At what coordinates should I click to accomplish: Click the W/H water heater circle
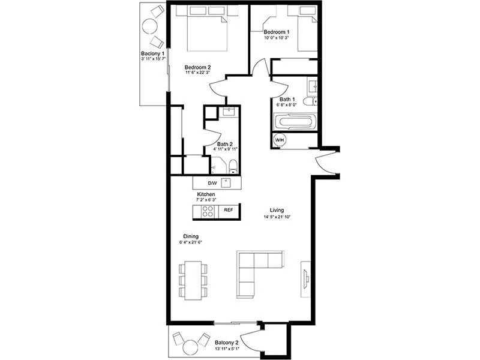[x=280, y=140]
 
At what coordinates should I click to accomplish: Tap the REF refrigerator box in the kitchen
[x=229, y=210]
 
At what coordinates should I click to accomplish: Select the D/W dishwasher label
[x=212, y=184]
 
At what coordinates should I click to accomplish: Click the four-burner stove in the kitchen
[x=208, y=211]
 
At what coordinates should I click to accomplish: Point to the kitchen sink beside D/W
[x=226, y=182]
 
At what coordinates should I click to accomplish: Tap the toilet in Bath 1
[x=310, y=101]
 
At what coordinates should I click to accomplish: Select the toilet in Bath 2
[x=233, y=167]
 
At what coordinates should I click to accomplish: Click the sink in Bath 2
[x=229, y=112]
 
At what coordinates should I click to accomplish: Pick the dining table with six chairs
[x=193, y=280]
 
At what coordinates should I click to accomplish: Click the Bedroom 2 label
[x=197, y=67]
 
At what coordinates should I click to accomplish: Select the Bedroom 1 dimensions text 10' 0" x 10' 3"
[x=277, y=38]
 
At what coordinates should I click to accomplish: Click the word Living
[x=277, y=210]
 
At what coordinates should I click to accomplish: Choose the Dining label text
[x=191, y=236]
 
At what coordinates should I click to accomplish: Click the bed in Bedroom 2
[x=207, y=28]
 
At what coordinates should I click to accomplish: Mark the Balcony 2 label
[x=227, y=343]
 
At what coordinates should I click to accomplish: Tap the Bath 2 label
[x=225, y=144]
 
